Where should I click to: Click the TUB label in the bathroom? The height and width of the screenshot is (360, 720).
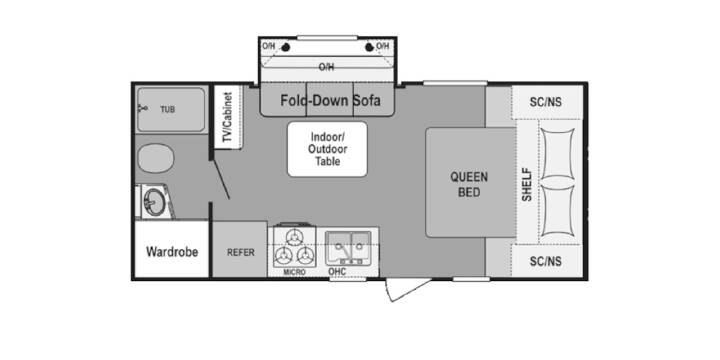pos(168,110)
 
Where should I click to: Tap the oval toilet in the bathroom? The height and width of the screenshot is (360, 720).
pos(156,158)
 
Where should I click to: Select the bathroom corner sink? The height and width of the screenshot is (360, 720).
pos(154,202)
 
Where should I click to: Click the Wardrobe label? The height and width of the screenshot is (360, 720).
pos(172,252)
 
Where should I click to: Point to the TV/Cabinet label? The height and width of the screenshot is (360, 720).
pos(228,117)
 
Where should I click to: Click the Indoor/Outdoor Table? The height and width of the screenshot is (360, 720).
pos(327,149)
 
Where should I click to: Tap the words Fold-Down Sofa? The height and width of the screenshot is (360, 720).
pos(331,100)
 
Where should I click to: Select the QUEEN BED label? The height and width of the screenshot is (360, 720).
pos(469,184)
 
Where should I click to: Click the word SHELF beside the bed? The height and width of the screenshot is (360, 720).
pos(527,184)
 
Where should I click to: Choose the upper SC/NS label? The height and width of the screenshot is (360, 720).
pos(546,102)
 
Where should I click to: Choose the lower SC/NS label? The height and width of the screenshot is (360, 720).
pos(546,261)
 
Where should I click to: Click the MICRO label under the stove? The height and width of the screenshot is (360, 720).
pos(294,272)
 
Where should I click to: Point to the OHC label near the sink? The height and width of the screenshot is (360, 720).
pos(337,272)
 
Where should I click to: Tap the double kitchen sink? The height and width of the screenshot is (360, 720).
pos(348,248)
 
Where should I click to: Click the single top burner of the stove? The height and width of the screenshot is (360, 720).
pos(294,237)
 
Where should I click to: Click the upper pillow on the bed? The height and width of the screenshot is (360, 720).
pos(557,154)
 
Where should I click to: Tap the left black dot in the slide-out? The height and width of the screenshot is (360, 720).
pos(285,47)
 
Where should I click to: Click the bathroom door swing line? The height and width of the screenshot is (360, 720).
pos(221,177)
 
